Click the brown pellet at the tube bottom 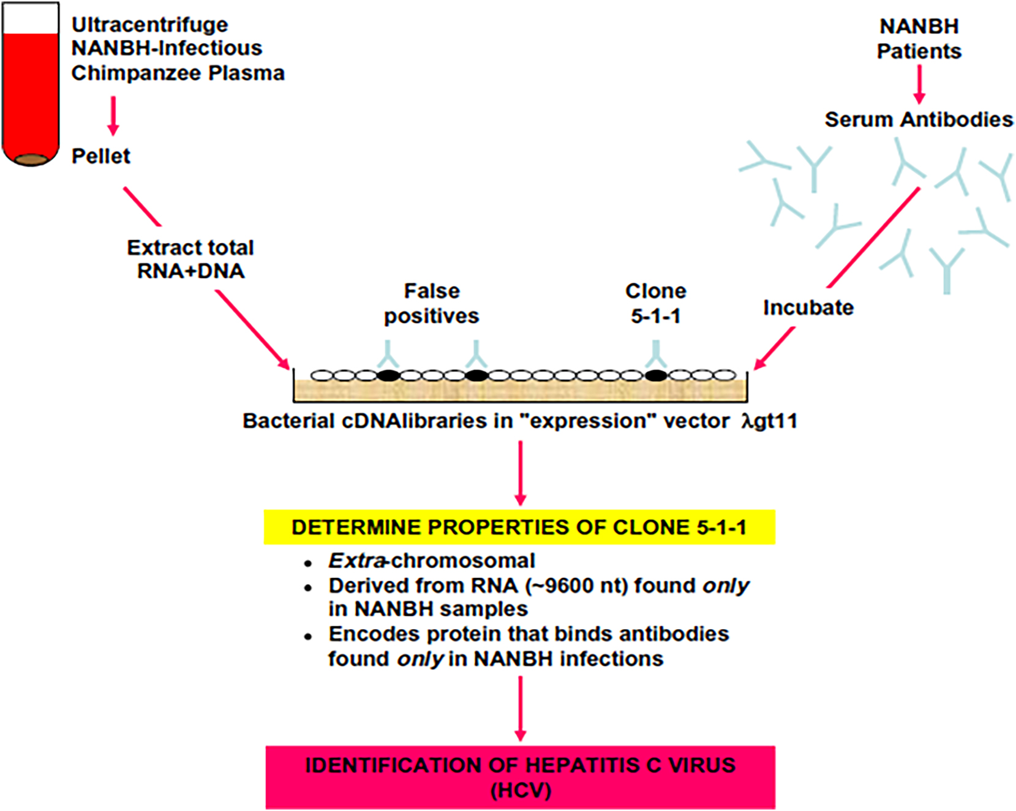pos(31,160)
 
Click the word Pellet pos(100,156)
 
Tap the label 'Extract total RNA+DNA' pos(190,259)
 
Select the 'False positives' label pos(431,304)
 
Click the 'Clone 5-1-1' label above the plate pos(655,304)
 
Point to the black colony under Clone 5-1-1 pos(656,375)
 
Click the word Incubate pos(808,307)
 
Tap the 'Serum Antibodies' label pos(918,119)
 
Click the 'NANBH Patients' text pos(919,39)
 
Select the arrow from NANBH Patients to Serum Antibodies pos(919,84)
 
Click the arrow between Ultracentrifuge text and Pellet pos(113,115)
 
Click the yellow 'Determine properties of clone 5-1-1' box pos(519,527)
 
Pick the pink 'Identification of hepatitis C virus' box pos(520,777)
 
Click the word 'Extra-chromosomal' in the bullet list pos(432,561)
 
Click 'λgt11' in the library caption pos(769,421)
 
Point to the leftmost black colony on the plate pos(388,375)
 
